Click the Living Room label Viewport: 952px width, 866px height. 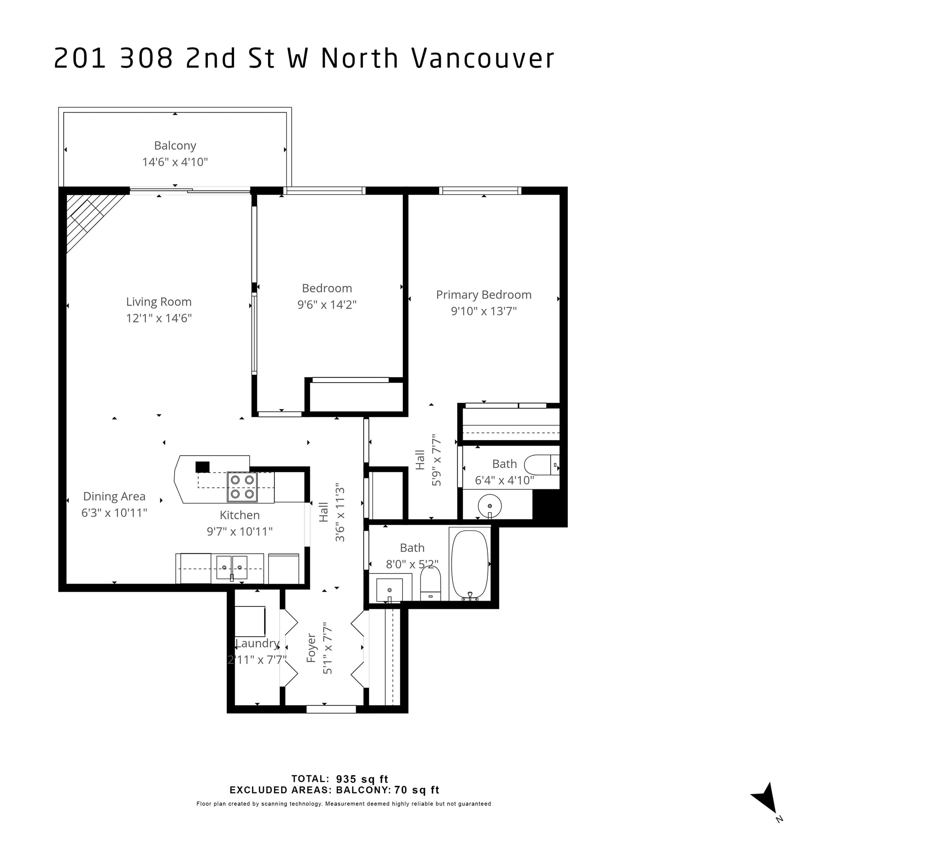[x=159, y=301]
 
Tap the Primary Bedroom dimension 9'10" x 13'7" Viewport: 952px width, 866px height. [x=484, y=311]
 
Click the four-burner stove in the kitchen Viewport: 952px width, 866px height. [x=242, y=487]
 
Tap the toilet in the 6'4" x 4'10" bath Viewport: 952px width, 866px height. [x=542, y=465]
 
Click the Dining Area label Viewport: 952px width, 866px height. [x=114, y=496]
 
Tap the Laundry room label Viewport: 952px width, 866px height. [x=257, y=643]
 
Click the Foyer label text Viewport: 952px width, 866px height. [x=311, y=648]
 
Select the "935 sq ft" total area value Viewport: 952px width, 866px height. [x=362, y=779]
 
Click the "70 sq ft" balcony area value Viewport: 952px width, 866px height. [x=417, y=790]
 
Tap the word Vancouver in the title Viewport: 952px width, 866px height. [x=483, y=58]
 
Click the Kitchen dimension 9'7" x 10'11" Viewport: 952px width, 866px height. [x=240, y=531]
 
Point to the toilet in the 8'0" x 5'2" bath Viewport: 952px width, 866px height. [x=430, y=583]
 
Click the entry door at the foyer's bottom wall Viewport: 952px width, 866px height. [x=331, y=709]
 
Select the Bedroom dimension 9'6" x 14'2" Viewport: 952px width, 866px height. [x=327, y=304]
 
